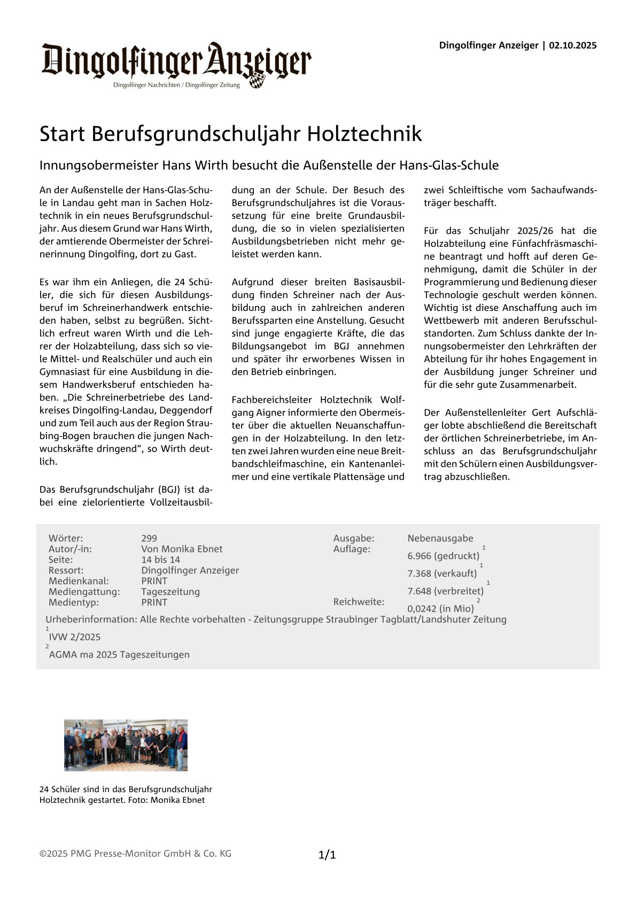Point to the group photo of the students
[126, 745]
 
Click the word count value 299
[149, 538]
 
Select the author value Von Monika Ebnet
[182, 549]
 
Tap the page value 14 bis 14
[160, 560]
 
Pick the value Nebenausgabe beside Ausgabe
[440, 538]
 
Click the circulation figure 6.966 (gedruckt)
[443, 556]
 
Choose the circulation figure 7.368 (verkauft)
[442, 574]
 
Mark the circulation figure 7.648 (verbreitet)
[445, 591]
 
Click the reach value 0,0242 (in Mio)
[440, 609]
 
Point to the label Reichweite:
[359, 602]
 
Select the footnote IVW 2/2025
[75, 637]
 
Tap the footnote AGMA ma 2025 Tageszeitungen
[119, 655]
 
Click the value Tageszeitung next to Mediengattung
[170, 592]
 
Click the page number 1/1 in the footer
[327, 855]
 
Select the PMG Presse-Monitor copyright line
[135, 854]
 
